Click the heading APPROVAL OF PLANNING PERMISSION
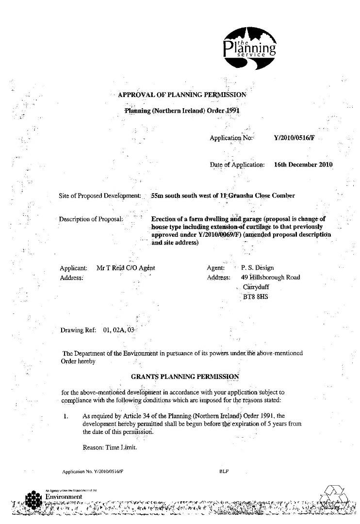tap(182, 95)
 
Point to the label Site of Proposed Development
tap(100, 196)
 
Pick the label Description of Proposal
tap(91, 219)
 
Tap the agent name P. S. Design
tap(257, 268)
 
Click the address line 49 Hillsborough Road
tap(270, 278)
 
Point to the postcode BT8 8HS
tap(255, 296)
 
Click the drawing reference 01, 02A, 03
tap(118, 330)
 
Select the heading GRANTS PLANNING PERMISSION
tap(185, 377)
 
